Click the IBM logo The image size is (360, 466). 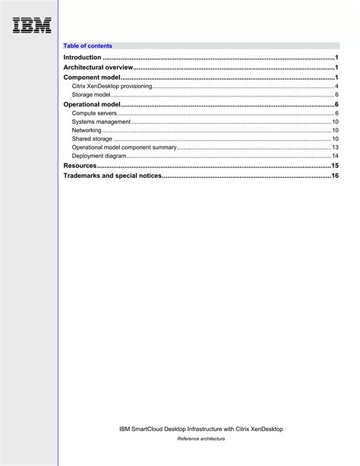click(x=32, y=25)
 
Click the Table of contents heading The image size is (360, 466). click(x=87, y=46)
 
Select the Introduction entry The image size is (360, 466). click(x=82, y=57)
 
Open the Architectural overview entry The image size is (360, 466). click(x=98, y=68)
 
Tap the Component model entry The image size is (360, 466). click(x=92, y=78)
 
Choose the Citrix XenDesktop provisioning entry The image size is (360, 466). click(x=112, y=87)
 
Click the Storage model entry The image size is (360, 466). click(x=92, y=95)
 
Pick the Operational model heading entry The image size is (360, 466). click(x=92, y=104)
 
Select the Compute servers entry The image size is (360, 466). click(x=94, y=113)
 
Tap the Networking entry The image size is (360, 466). click(x=87, y=130)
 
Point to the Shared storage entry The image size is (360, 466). click(x=92, y=139)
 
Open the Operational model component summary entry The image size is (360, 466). click(x=124, y=147)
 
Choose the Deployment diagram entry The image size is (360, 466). click(x=99, y=156)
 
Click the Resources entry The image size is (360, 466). click(x=80, y=165)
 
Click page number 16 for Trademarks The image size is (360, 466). click(x=335, y=176)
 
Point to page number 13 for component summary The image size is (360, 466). click(x=335, y=147)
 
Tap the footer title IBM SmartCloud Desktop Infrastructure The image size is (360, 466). click(x=201, y=429)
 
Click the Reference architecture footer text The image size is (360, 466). click(x=201, y=439)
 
